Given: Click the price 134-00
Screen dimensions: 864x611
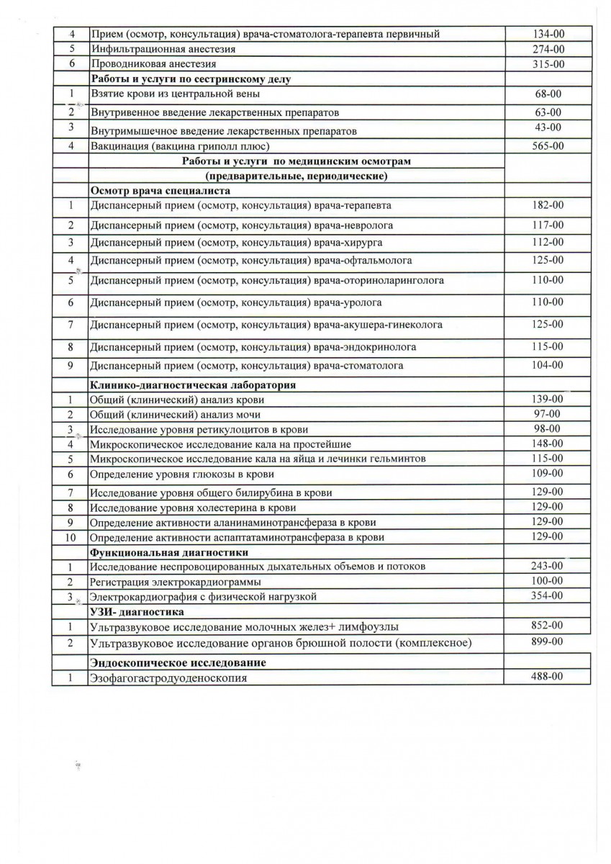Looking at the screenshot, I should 549,34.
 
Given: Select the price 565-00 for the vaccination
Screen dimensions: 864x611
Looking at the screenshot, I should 549,145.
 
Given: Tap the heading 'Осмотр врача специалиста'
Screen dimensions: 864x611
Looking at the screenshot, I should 159,191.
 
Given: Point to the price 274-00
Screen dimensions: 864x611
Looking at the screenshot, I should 549,49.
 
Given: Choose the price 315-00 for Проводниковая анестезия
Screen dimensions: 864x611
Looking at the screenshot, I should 549,64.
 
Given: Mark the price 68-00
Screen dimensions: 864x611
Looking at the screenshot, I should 549,94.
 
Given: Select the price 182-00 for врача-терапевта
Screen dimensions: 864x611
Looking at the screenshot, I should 549,205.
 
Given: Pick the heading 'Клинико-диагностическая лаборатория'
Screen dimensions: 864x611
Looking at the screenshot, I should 193,385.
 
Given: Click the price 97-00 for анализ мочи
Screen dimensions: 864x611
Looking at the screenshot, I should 549,413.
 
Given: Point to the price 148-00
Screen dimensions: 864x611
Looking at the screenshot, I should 549,443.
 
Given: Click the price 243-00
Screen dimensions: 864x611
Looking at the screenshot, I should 549,566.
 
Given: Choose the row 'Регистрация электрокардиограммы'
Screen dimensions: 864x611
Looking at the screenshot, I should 175,582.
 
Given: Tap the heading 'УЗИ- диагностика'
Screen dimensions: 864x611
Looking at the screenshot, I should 137,612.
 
